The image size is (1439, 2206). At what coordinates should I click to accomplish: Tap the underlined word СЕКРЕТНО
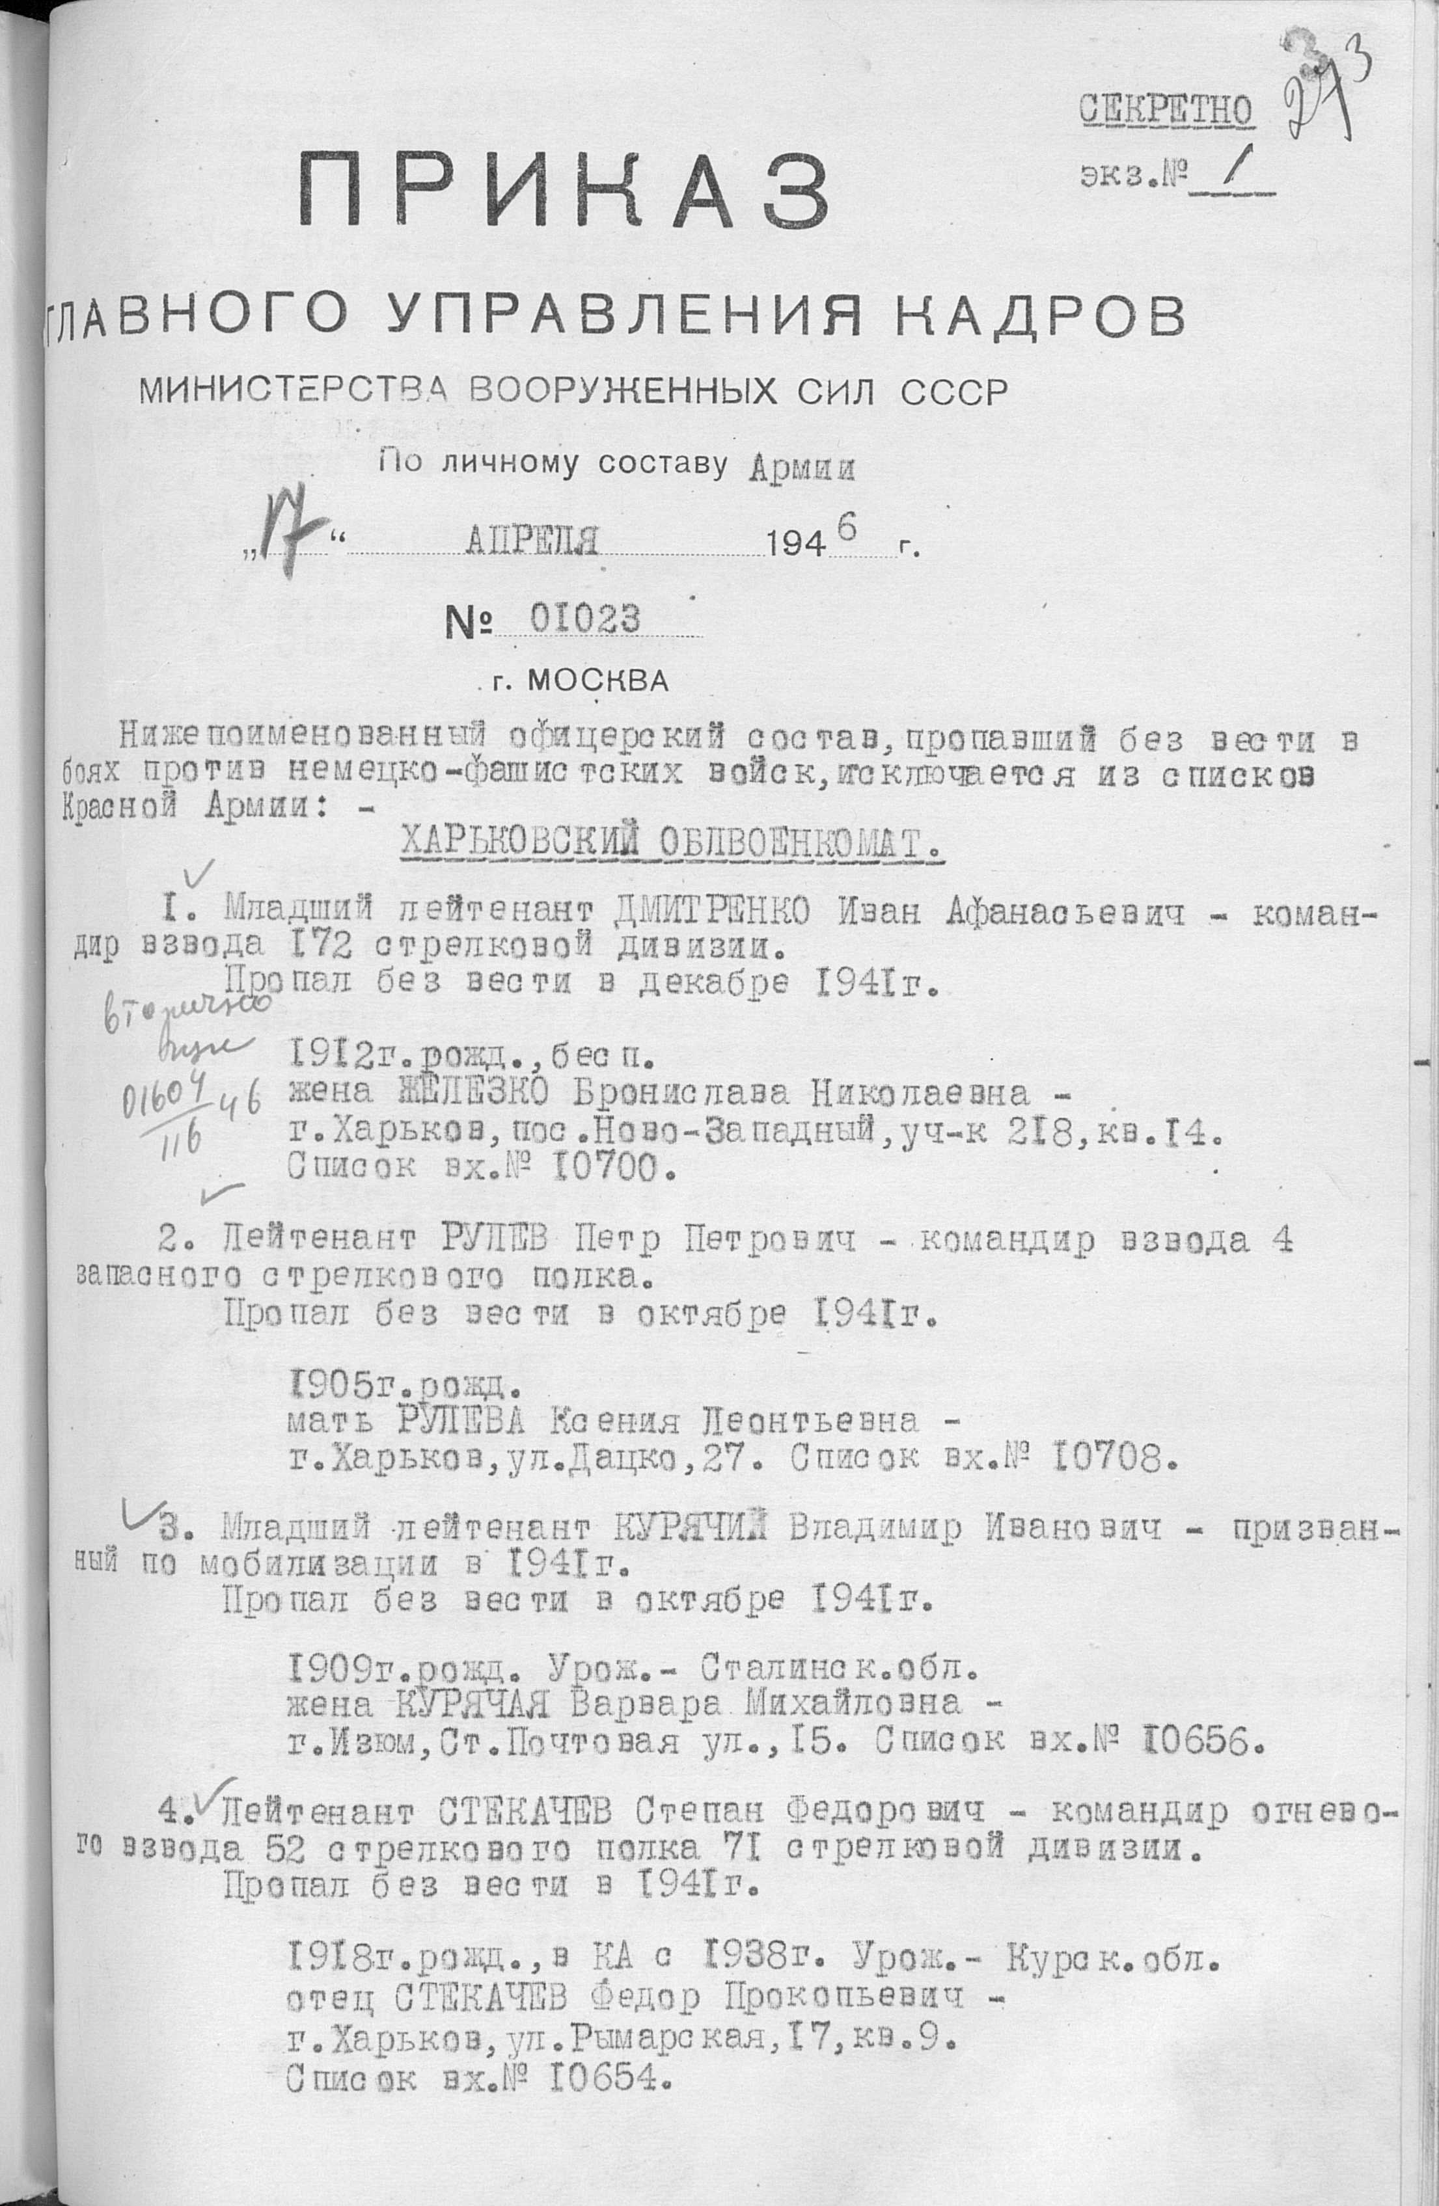click(1166, 111)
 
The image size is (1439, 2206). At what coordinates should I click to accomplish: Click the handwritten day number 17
click(286, 537)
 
